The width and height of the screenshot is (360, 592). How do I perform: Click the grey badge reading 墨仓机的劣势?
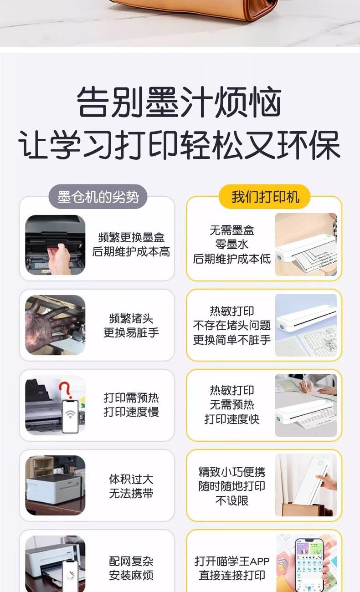tap(98, 196)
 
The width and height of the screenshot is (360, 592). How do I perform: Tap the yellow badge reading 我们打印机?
tap(265, 196)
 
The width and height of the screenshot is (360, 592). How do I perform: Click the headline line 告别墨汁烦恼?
tap(179, 102)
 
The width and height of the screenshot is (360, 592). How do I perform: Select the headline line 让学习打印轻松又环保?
tap(180, 145)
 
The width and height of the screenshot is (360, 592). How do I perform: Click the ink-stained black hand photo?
tap(55, 325)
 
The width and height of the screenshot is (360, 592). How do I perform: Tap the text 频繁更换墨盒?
tap(131, 237)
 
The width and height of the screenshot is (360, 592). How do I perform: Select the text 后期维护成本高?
tap(131, 251)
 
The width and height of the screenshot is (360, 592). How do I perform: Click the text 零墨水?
tap(231, 244)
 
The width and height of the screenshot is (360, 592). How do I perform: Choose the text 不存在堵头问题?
tap(231, 325)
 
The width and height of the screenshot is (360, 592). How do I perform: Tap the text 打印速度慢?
tap(131, 412)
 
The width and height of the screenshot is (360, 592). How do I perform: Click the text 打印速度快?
tap(231, 419)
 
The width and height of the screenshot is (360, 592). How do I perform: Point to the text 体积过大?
tap(131, 479)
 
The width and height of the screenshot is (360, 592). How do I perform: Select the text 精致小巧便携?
tap(231, 472)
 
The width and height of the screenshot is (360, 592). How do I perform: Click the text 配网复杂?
tap(131, 561)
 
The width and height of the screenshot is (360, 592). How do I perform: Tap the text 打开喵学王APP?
tap(231, 561)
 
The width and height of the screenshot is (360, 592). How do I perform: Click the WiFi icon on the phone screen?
tap(70, 414)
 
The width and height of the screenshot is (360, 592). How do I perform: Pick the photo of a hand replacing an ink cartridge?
tap(55, 245)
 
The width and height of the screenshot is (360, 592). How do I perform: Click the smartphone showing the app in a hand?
tap(309, 564)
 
